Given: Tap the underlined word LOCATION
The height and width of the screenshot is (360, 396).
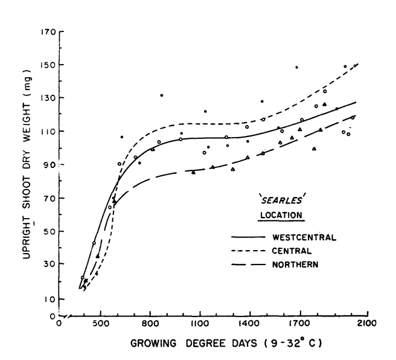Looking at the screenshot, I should tap(278, 214).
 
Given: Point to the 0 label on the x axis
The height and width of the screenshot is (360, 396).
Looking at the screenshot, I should tap(59, 322).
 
